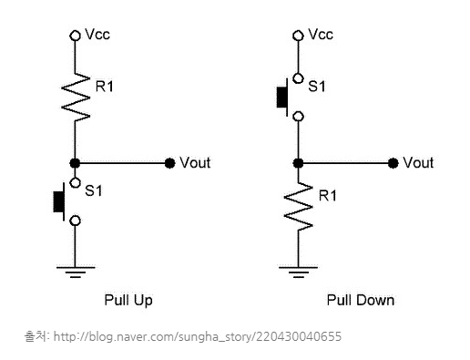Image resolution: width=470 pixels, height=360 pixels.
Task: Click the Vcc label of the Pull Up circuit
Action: click(x=97, y=35)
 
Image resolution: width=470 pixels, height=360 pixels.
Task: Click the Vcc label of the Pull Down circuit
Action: click(x=321, y=35)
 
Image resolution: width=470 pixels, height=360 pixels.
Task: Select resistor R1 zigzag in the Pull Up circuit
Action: click(x=76, y=98)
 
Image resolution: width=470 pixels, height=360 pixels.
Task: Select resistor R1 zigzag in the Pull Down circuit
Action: click(x=298, y=207)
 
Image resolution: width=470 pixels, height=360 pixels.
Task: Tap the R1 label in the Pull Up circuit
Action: click(x=105, y=87)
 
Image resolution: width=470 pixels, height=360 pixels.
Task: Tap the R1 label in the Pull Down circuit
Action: click(x=328, y=195)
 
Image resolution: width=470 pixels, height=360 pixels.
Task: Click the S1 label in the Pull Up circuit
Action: click(x=94, y=190)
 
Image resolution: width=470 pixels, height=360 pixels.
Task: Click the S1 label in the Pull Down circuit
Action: click(x=317, y=87)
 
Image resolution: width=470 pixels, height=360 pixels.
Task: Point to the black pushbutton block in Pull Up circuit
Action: click(x=58, y=201)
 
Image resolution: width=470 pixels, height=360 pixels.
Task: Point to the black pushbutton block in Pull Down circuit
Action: click(x=282, y=98)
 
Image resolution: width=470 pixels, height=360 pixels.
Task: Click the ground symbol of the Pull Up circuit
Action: click(x=76, y=273)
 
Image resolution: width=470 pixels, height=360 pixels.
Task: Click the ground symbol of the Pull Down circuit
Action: click(x=298, y=273)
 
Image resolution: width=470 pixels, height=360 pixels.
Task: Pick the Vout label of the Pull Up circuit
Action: click(x=195, y=163)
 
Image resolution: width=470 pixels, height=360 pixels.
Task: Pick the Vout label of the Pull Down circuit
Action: click(x=418, y=163)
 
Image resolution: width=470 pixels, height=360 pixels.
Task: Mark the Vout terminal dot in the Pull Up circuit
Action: click(x=169, y=163)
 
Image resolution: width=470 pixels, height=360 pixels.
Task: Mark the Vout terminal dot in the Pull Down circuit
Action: click(x=393, y=163)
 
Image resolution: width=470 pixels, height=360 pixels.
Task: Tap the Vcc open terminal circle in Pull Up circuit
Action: click(x=75, y=36)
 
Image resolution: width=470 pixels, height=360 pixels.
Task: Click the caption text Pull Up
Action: click(x=128, y=300)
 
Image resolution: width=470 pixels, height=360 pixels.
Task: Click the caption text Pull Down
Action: click(x=361, y=300)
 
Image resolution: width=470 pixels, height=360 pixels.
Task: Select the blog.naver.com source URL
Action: click(x=198, y=336)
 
